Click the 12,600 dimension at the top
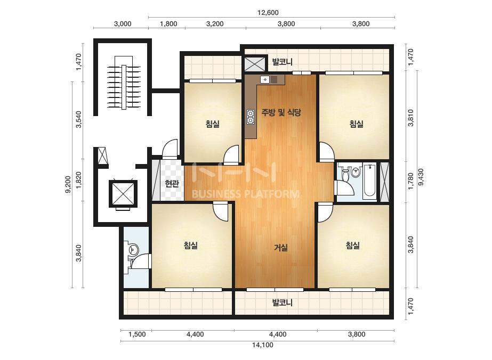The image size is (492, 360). tap(268, 13)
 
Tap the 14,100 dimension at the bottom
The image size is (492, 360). tap(263, 345)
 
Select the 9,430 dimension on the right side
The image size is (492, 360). tap(421, 177)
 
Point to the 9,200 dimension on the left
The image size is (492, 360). tap(68, 184)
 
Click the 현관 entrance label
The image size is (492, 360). tap(172, 183)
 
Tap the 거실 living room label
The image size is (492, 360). tap(281, 248)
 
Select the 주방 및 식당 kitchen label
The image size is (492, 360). tap(281, 112)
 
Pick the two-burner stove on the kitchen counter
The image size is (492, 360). tap(251, 117)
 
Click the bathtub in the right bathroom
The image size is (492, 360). tap(370, 181)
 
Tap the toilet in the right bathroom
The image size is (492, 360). tap(345, 174)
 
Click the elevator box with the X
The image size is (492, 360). tap(123, 194)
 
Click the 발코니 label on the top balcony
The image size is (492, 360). tap(283, 62)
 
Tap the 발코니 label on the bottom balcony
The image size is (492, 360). tap(283, 302)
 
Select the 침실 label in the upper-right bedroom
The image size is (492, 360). tap(357, 124)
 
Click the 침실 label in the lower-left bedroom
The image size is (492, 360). tap(191, 245)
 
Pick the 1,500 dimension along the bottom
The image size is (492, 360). tap(137, 334)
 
